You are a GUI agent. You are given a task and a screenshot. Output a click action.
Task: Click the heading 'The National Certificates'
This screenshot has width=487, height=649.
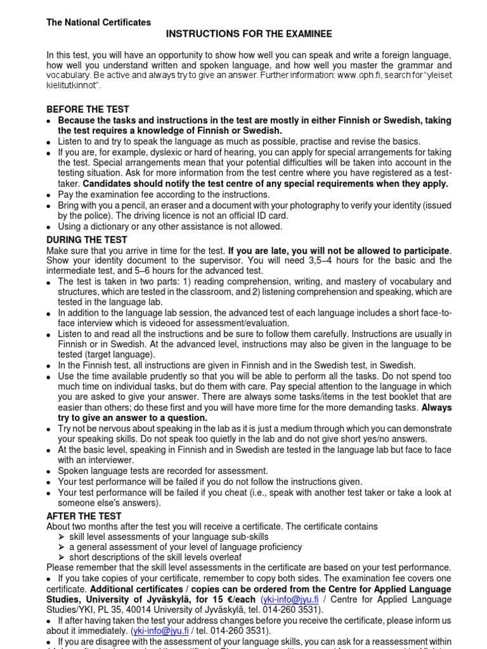click(98, 22)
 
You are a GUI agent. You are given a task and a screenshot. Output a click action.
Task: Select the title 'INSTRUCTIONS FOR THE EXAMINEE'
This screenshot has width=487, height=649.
click(249, 34)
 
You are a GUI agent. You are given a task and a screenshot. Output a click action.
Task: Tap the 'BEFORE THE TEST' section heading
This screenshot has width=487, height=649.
click(88, 109)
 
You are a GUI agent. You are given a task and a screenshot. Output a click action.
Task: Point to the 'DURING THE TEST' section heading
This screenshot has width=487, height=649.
click(87, 240)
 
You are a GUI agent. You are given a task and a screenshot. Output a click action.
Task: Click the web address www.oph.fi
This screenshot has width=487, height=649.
click(358, 75)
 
